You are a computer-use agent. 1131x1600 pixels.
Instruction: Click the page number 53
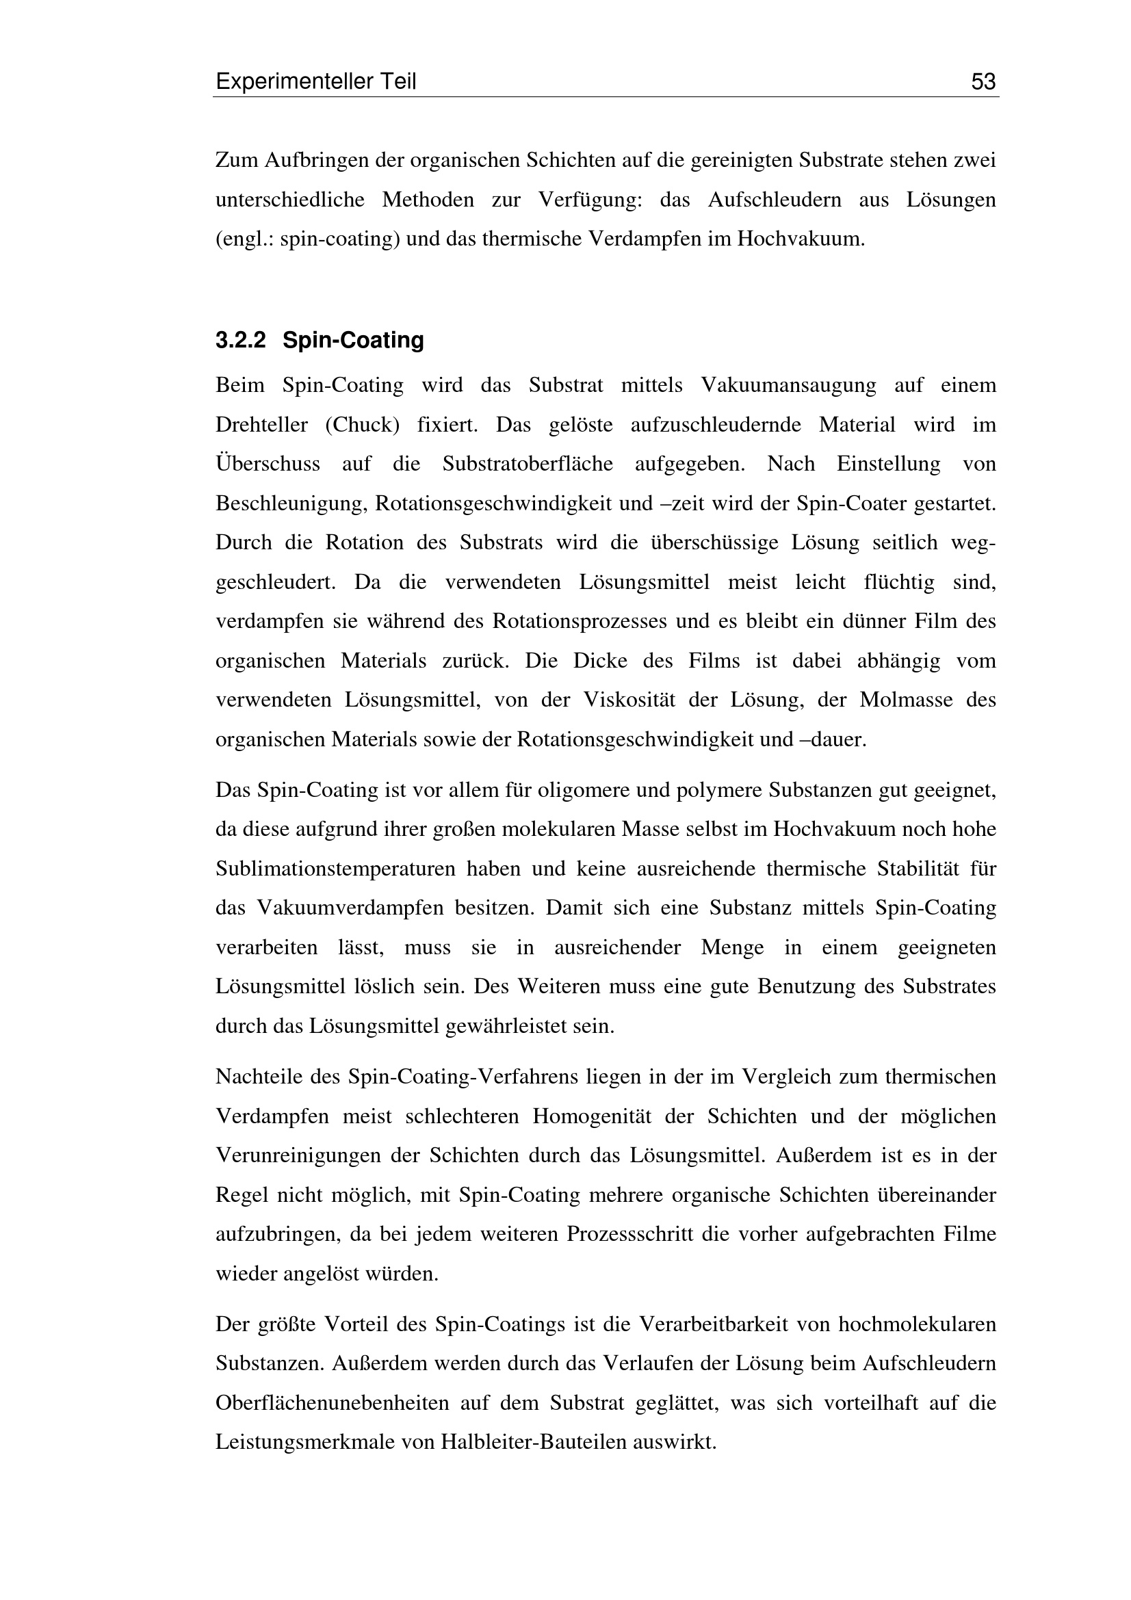pos(983,82)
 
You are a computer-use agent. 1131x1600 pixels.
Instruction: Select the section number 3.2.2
pos(240,341)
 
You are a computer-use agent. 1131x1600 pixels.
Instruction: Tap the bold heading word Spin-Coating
pos(353,341)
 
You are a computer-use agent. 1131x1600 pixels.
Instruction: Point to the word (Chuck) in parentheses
pos(363,424)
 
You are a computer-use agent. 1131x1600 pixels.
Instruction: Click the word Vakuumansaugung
pos(788,385)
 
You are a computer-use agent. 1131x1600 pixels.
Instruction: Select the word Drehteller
pos(262,424)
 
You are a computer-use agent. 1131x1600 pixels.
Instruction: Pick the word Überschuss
pos(268,464)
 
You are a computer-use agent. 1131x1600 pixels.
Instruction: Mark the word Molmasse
pos(905,700)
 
